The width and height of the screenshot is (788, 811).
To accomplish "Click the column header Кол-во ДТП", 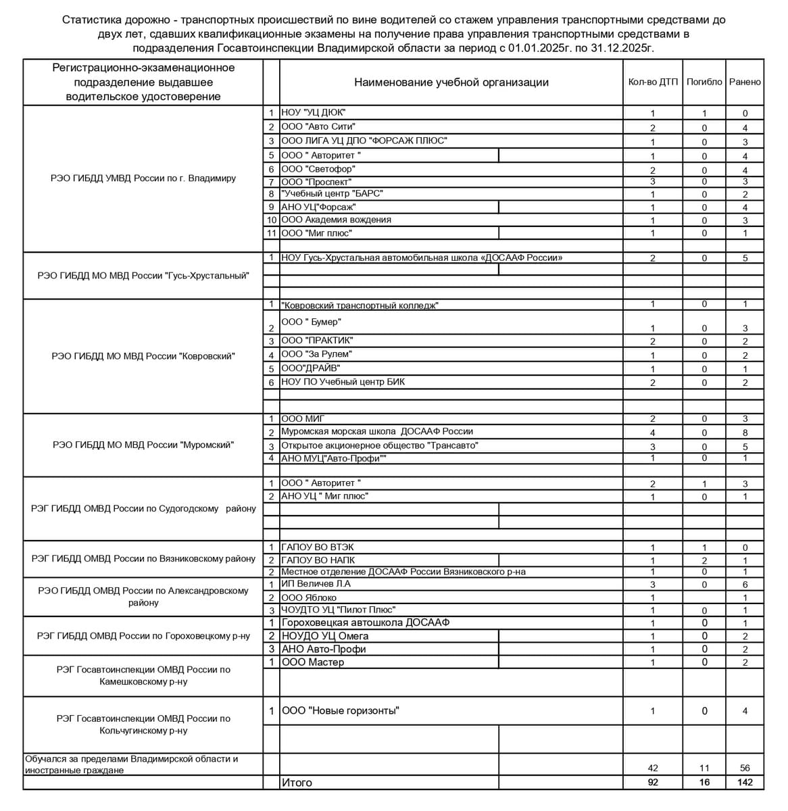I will pyautogui.click(x=652, y=82).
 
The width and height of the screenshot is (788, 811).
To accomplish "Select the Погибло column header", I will pyautogui.click(x=704, y=82).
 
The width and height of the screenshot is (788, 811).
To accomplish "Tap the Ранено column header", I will pyautogui.click(x=745, y=82).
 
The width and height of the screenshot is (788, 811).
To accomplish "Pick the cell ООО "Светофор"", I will pyautogui.click(x=318, y=169).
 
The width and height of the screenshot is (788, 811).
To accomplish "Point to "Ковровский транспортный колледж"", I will pyautogui.click(x=360, y=305).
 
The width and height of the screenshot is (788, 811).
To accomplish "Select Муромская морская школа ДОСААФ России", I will pyautogui.click(x=378, y=431).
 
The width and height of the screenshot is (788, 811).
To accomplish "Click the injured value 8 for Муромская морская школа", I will pyautogui.click(x=745, y=433).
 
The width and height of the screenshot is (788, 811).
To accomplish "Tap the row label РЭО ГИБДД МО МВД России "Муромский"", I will pyautogui.click(x=143, y=445).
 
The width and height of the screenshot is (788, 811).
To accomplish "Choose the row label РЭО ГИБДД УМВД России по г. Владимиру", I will pyautogui.click(x=143, y=178).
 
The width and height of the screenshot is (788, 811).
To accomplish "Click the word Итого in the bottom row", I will pyautogui.click(x=297, y=783).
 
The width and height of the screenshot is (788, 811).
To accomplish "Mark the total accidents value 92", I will pyautogui.click(x=652, y=783).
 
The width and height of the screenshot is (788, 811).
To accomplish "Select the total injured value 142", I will pyautogui.click(x=745, y=783).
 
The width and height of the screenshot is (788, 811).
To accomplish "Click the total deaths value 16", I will pyautogui.click(x=704, y=783).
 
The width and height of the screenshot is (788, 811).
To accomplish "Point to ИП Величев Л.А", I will pyautogui.click(x=316, y=584).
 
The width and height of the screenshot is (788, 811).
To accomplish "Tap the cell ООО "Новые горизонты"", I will pyautogui.click(x=341, y=711).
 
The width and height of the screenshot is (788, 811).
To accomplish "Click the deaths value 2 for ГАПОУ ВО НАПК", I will pyautogui.click(x=704, y=560).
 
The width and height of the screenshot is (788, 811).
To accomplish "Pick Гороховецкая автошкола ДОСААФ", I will pyautogui.click(x=366, y=622).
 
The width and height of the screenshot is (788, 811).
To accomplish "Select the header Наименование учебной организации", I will pyautogui.click(x=451, y=82).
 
